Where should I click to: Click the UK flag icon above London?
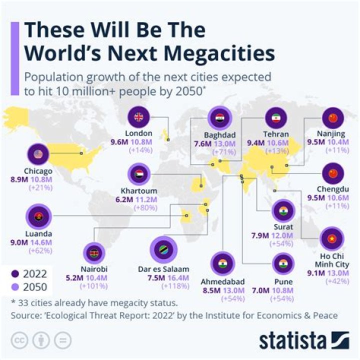(138, 118)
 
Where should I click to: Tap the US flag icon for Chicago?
(38, 153)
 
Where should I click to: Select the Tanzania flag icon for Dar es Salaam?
(163, 249)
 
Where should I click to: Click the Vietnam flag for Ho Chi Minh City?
(330, 239)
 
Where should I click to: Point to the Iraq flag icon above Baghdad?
(220, 118)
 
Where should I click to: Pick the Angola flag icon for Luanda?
(38, 217)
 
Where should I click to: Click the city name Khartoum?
(139, 191)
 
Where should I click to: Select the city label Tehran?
(276, 133)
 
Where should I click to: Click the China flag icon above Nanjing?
(332, 118)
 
